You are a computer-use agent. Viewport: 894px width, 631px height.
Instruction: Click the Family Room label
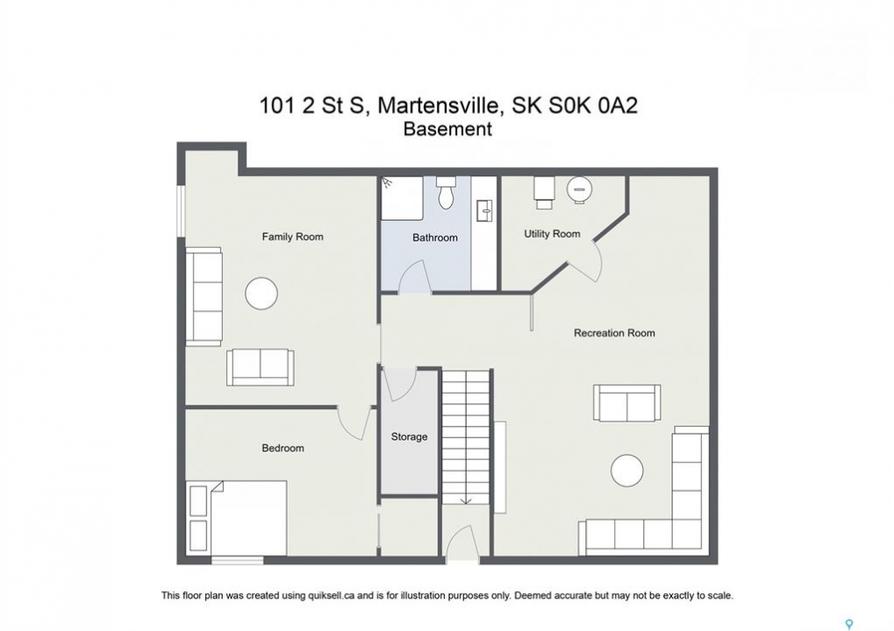click(x=292, y=237)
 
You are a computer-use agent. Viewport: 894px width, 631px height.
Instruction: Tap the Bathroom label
click(x=435, y=238)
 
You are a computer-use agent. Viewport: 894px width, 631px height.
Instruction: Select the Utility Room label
click(x=552, y=233)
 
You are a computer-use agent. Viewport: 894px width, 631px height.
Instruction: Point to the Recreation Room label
click(x=614, y=332)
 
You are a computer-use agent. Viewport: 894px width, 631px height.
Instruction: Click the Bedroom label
click(x=283, y=448)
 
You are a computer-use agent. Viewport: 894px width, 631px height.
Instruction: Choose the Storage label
click(x=409, y=436)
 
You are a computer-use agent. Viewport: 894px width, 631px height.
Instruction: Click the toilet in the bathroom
click(x=446, y=192)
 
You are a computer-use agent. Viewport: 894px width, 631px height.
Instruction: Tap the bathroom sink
click(x=484, y=210)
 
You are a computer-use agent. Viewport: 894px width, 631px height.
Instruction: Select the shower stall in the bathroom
click(x=402, y=198)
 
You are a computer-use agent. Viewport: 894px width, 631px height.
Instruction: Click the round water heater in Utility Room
click(x=579, y=189)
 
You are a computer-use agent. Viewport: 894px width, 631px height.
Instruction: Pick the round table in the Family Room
click(x=261, y=294)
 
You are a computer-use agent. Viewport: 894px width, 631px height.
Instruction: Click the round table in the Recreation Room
click(x=627, y=471)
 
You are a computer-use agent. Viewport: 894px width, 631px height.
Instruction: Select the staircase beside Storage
click(x=467, y=436)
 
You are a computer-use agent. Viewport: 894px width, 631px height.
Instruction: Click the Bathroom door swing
click(x=413, y=277)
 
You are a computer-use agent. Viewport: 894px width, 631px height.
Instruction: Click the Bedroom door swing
click(x=354, y=423)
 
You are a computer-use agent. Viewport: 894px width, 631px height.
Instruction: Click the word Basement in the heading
click(x=447, y=129)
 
